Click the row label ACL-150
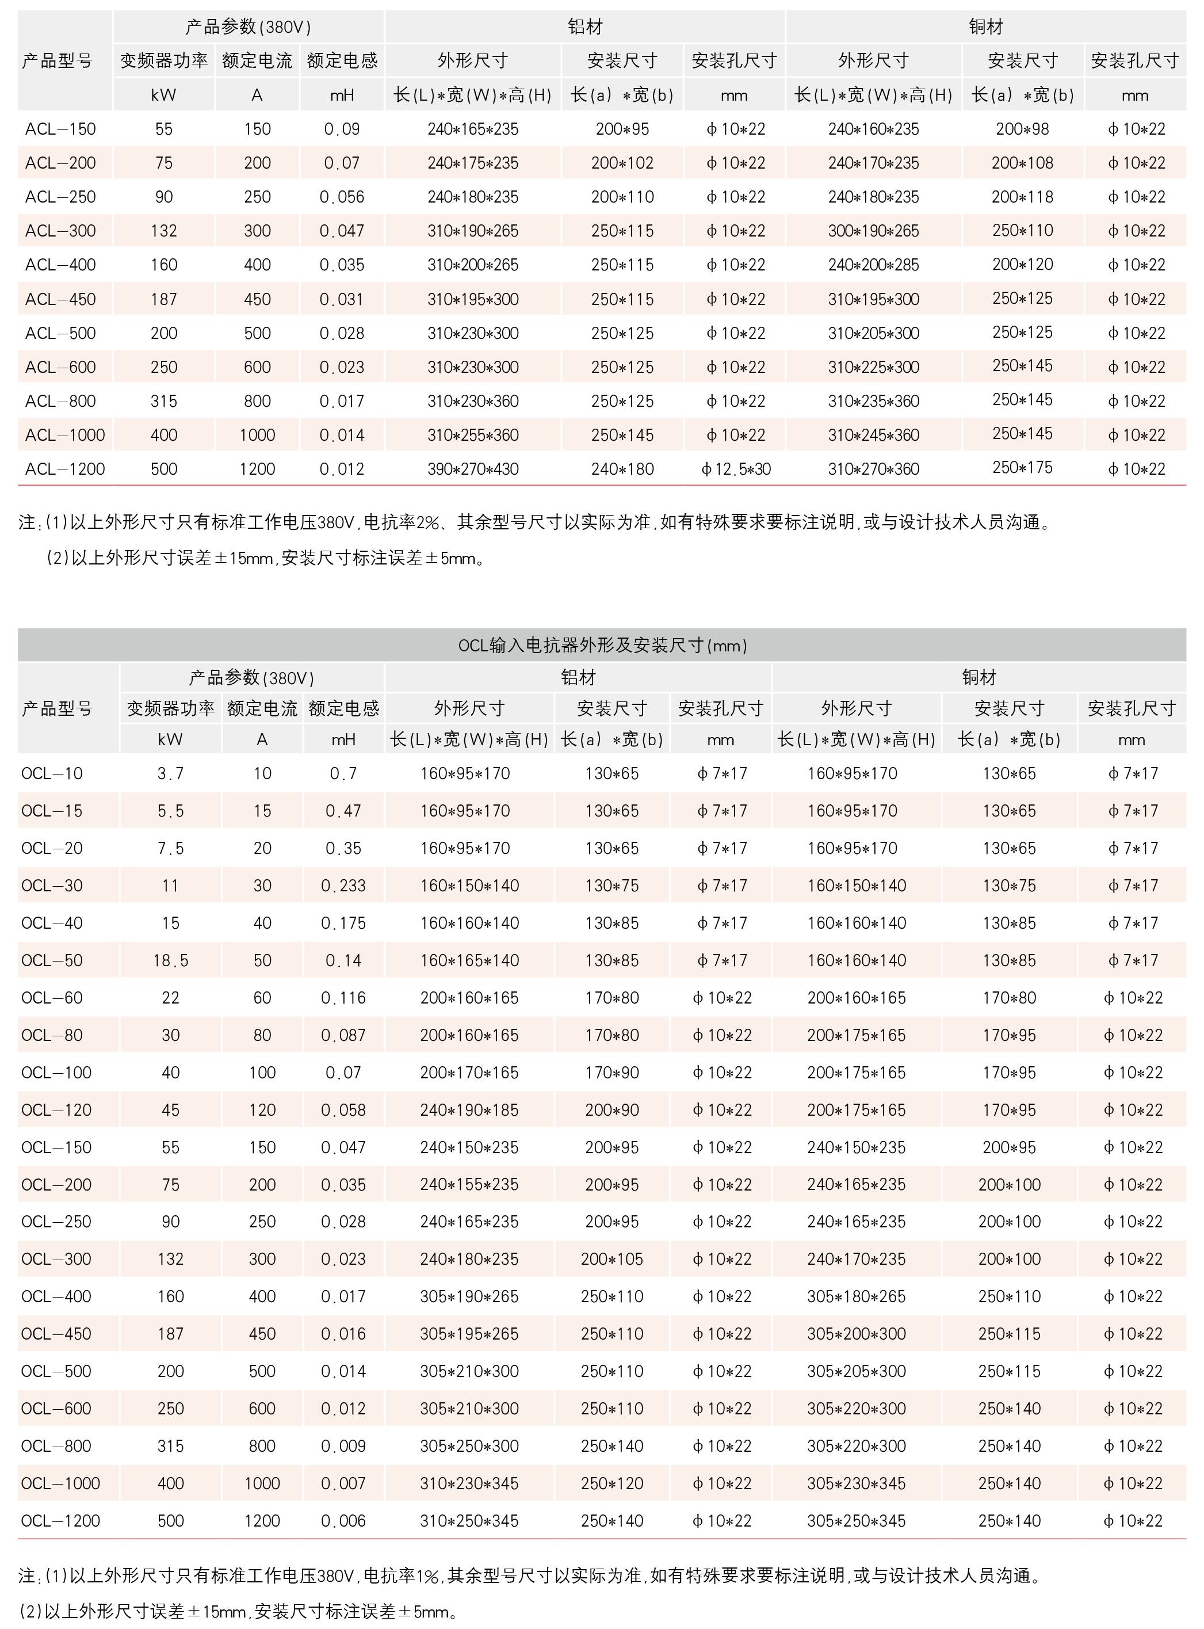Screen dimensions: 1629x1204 (x=60, y=129)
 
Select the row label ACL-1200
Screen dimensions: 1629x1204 (x=65, y=468)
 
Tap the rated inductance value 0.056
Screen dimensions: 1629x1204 (x=342, y=197)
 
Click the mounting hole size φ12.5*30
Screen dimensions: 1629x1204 (x=735, y=468)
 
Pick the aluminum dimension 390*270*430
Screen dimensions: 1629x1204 (x=473, y=468)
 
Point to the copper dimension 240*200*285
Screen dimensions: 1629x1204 (x=873, y=265)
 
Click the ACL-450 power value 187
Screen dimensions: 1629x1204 (x=164, y=299)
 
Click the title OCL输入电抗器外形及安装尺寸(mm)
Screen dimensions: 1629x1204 (x=602, y=645)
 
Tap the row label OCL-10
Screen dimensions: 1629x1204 (x=52, y=773)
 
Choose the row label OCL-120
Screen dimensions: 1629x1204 (x=56, y=1109)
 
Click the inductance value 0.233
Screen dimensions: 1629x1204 (x=343, y=886)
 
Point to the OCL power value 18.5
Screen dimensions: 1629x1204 (x=170, y=960)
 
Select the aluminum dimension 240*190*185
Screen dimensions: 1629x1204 (x=469, y=1109)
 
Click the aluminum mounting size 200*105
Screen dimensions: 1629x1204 (x=611, y=1259)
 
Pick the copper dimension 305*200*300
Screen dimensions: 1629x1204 (x=857, y=1333)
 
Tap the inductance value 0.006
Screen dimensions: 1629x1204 (x=343, y=1520)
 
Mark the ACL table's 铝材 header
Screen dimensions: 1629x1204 (x=585, y=27)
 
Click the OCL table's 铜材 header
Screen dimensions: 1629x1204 (x=979, y=677)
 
